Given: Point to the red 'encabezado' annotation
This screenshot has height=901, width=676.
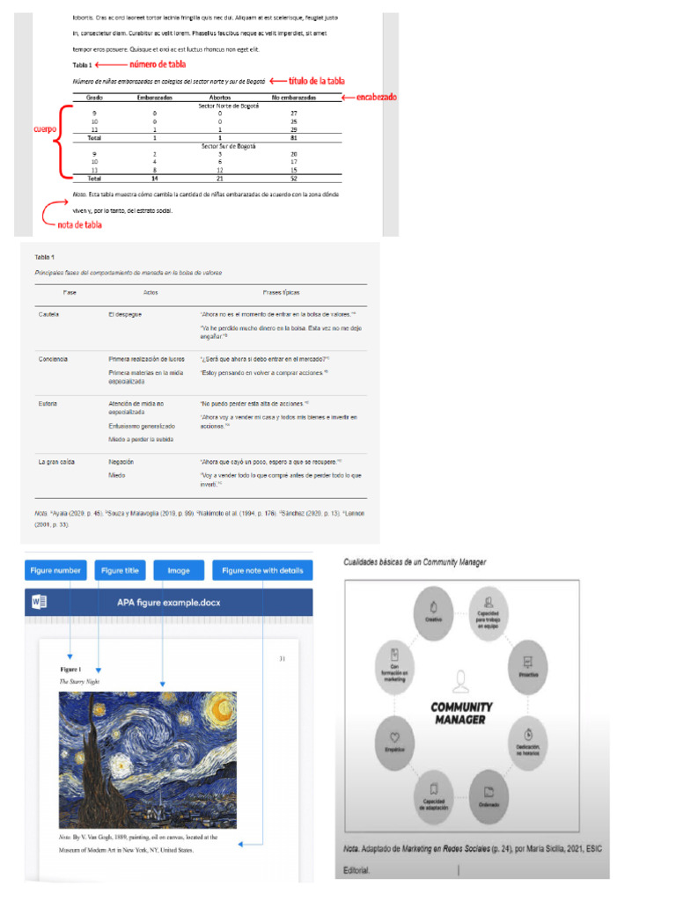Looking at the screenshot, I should pos(376,97).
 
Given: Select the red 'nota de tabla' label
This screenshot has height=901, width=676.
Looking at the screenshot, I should pos(79,224).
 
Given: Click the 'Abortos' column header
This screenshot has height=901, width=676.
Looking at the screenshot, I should pos(220,98).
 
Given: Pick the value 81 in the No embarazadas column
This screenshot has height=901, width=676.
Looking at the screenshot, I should pos(294,138).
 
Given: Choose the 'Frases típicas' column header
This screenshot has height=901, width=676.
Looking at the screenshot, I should pos(283,291).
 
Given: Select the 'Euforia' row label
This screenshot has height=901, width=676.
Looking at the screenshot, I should pos(48,403).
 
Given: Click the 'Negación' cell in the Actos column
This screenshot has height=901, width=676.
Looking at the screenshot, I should pos(121,460).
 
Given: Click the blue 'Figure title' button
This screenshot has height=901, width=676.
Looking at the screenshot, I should pos(120,571).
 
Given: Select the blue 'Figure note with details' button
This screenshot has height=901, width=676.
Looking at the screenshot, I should pos(262,571).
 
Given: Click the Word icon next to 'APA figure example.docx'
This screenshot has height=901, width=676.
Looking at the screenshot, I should pos(39,603).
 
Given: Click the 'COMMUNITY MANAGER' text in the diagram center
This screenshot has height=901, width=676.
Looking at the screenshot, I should pos(461,713).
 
